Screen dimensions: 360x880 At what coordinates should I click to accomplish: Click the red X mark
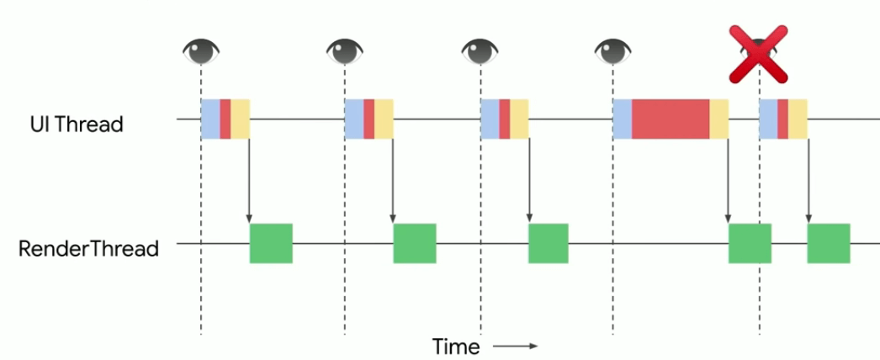(x=758, y=55)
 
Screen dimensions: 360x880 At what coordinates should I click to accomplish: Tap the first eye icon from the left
(x=202, y=52)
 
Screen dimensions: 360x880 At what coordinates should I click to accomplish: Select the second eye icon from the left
(x=345, y=52)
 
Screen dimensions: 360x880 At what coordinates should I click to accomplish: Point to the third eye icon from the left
(x=480, y=52)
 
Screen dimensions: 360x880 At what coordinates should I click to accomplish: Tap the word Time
(x=456, y=347)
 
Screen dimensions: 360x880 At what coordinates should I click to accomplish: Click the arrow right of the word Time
(x=514, y=346)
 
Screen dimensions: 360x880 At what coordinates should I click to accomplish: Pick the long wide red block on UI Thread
(x=671, y=119)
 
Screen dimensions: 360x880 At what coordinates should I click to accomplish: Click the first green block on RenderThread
(x=271, y=243)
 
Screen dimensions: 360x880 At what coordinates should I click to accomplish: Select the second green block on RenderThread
(x=415, y=243)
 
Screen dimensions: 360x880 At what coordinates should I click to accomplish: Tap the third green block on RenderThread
(x=549, y=243)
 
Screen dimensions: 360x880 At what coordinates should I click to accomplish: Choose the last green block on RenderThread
(x=829, y=243)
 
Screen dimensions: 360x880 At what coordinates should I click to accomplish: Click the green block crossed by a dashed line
(x=750, y=243)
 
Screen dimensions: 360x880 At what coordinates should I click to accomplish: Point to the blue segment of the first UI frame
(x=210, y=119)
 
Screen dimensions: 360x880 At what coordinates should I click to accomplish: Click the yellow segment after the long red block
(x=718, y=119)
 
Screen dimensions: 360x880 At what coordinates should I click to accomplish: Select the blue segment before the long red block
(x=623, y=119)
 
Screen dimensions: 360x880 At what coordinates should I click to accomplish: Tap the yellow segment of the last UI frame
(x=798, y=119)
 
